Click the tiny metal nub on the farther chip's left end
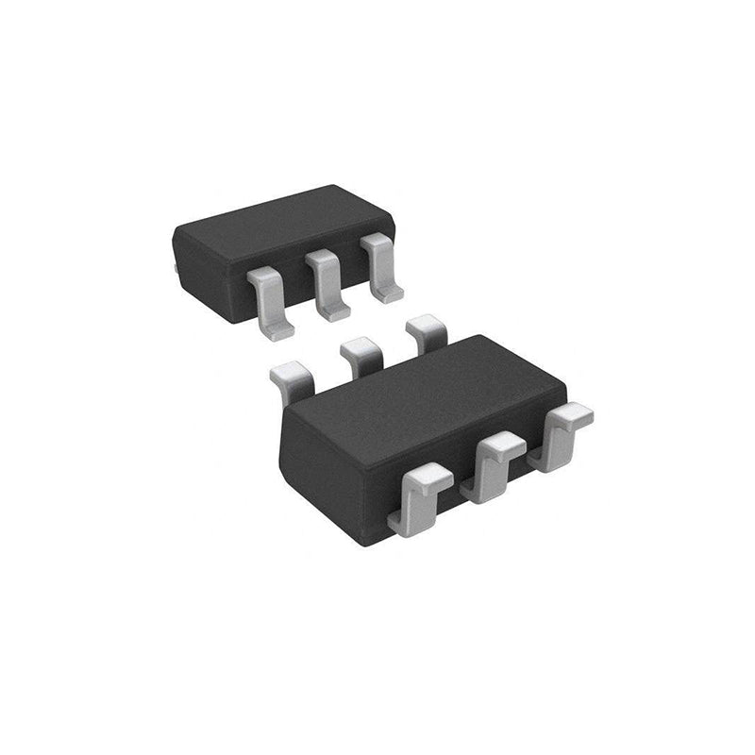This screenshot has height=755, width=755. click(177, 269)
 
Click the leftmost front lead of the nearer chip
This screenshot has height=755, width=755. click(421, 500)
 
